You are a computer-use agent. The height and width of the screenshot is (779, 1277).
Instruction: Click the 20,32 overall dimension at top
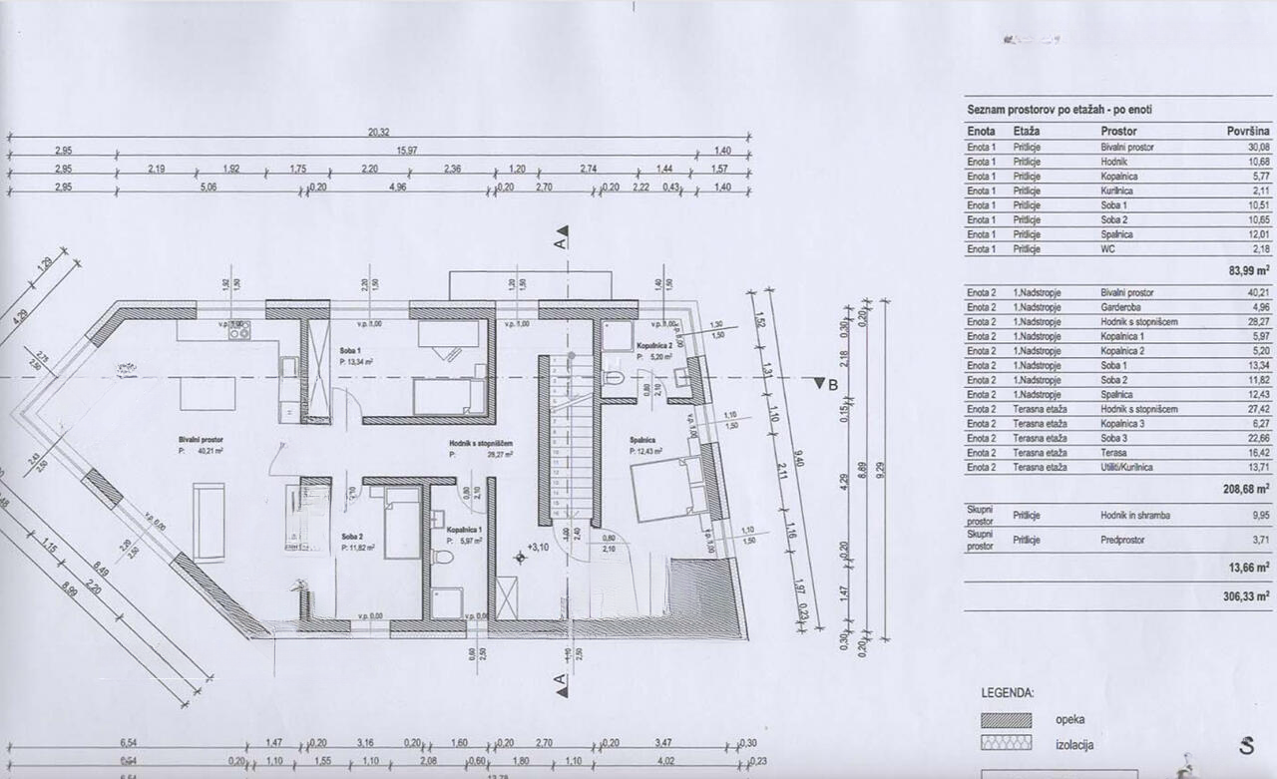click(x=377, y=131)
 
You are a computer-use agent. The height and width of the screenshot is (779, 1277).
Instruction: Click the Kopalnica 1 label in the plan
click(x=465, y=529)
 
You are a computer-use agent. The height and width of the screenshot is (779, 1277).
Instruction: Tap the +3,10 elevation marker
click(x=538, y=547)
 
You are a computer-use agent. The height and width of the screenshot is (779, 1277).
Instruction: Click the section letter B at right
click(x=831, y=385)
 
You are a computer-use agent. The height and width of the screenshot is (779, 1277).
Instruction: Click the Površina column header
click(x=1247, y=131)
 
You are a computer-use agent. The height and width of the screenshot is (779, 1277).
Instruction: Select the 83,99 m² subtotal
click(x=1247, y=270)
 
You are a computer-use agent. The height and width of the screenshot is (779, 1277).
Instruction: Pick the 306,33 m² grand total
click(x=1246, y=595)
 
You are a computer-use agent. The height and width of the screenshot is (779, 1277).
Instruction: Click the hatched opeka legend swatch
click(x=1006, y=719)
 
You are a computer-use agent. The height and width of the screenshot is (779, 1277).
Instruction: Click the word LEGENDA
click(x=1008, y=692)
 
